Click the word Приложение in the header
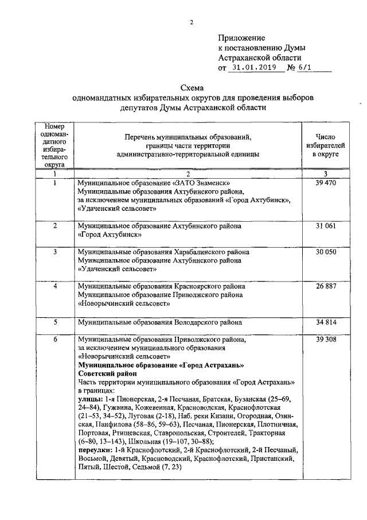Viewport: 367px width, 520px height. click(239, 37)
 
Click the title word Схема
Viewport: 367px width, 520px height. click(192, 87)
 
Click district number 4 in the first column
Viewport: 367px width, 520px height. click(56, 286)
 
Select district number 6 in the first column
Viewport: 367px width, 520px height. click(56, 340)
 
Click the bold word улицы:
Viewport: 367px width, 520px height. click(90, 398)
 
